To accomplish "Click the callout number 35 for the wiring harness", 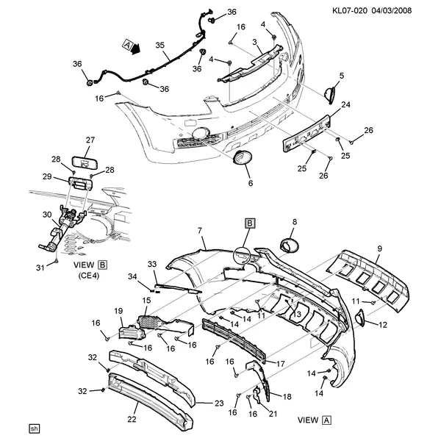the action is tap(159, 46).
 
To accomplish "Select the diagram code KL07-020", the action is tap(350, 11).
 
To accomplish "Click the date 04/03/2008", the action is tap(392, 11).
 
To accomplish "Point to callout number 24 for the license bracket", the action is tap(345, 104).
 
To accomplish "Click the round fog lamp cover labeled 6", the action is tap(243, 157).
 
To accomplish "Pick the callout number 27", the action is tap(90, 140).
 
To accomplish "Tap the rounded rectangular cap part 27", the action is tap(85, 163).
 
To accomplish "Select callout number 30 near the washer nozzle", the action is tap(47, 215).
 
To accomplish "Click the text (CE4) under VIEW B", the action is tap(89, 276).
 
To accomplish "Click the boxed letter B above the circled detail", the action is tap(250, 223).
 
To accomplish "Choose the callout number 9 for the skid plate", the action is tap(380, 248).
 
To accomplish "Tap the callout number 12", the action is tap(383, 325).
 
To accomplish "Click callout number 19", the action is tap(118, 311).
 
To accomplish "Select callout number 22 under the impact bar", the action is tap(132, 420).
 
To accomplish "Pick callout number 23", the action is tap(219, 404).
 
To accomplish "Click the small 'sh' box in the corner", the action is tap(34, 429).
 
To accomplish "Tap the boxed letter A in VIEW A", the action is tap(326, 420).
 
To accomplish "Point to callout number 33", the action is tap(152, 264).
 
